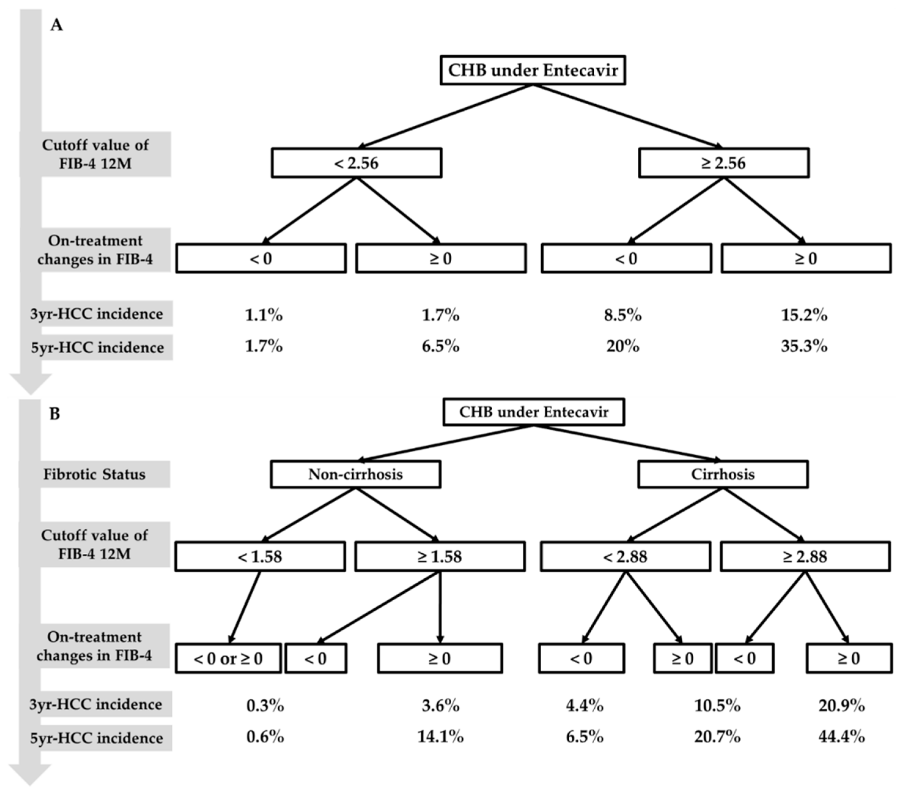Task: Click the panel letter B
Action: [x=54, y=414]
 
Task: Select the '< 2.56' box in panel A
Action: [x=356, y=163]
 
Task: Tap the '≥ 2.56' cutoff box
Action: [x=724, y=163]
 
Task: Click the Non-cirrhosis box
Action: [x=355, y=474]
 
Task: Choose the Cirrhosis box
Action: [x=723, y=474]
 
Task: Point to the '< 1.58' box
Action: [x=260, y=557]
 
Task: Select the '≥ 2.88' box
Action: [x=805, y=557]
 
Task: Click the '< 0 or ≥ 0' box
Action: [x=228, y=658]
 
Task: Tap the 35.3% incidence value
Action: [x=804, y=347]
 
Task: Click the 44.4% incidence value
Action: [x=841, y=737]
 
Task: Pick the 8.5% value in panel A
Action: [x=622, y=315]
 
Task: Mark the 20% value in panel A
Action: [x=622, y=347]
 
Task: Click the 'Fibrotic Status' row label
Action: [x=94, y=474]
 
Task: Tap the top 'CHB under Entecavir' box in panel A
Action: [x=533, y=70]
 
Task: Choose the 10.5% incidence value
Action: [x=717, y=706]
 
